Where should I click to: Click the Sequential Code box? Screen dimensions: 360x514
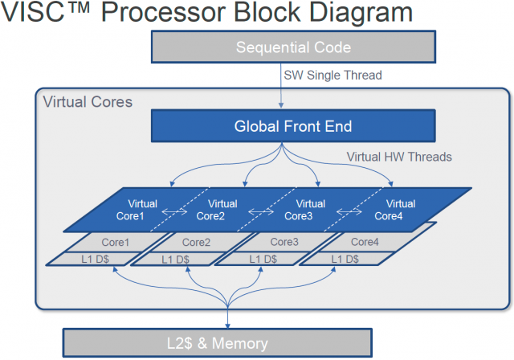coord(293,47)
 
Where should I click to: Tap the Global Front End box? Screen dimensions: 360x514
coord(293,126)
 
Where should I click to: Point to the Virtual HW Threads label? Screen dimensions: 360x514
coord(398,157)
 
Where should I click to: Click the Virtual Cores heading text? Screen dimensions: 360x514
coord(88,102)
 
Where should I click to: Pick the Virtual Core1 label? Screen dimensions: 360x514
coord(142,209)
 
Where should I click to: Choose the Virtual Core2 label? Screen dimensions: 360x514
coord(213,209)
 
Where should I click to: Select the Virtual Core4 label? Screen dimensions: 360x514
coord(395,209)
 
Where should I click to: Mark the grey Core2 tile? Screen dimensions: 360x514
coord(195,241)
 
